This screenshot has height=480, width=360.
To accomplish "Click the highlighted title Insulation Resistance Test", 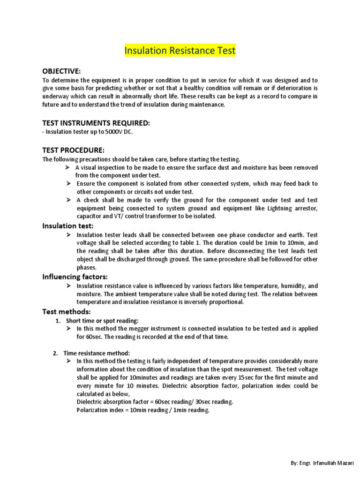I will (x=180, y=51).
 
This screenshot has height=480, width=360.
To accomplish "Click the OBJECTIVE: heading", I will (x=61, y=71).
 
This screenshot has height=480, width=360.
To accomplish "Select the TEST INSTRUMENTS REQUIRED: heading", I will (x=96, y=123).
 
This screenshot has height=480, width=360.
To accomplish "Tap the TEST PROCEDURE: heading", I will (x=73, y=150).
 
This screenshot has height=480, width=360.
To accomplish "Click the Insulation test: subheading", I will (x=68, y=226).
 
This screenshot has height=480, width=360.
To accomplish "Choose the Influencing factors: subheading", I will (x=75, y=277).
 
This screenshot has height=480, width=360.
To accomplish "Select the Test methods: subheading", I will (x=67, y=311).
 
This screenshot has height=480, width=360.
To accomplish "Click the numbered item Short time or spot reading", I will (x=102, y=321).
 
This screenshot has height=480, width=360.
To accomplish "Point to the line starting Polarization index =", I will (x=142, y=410).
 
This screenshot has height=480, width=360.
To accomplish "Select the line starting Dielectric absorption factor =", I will (x=154, y=402).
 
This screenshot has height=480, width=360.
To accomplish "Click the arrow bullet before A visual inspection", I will (x=68, y=167).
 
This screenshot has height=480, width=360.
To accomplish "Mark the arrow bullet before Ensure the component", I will (x=68, y=183).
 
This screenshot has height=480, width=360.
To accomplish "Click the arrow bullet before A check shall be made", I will (x=68, y=200).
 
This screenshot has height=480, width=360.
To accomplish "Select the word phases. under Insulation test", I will (x=87, y=267).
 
